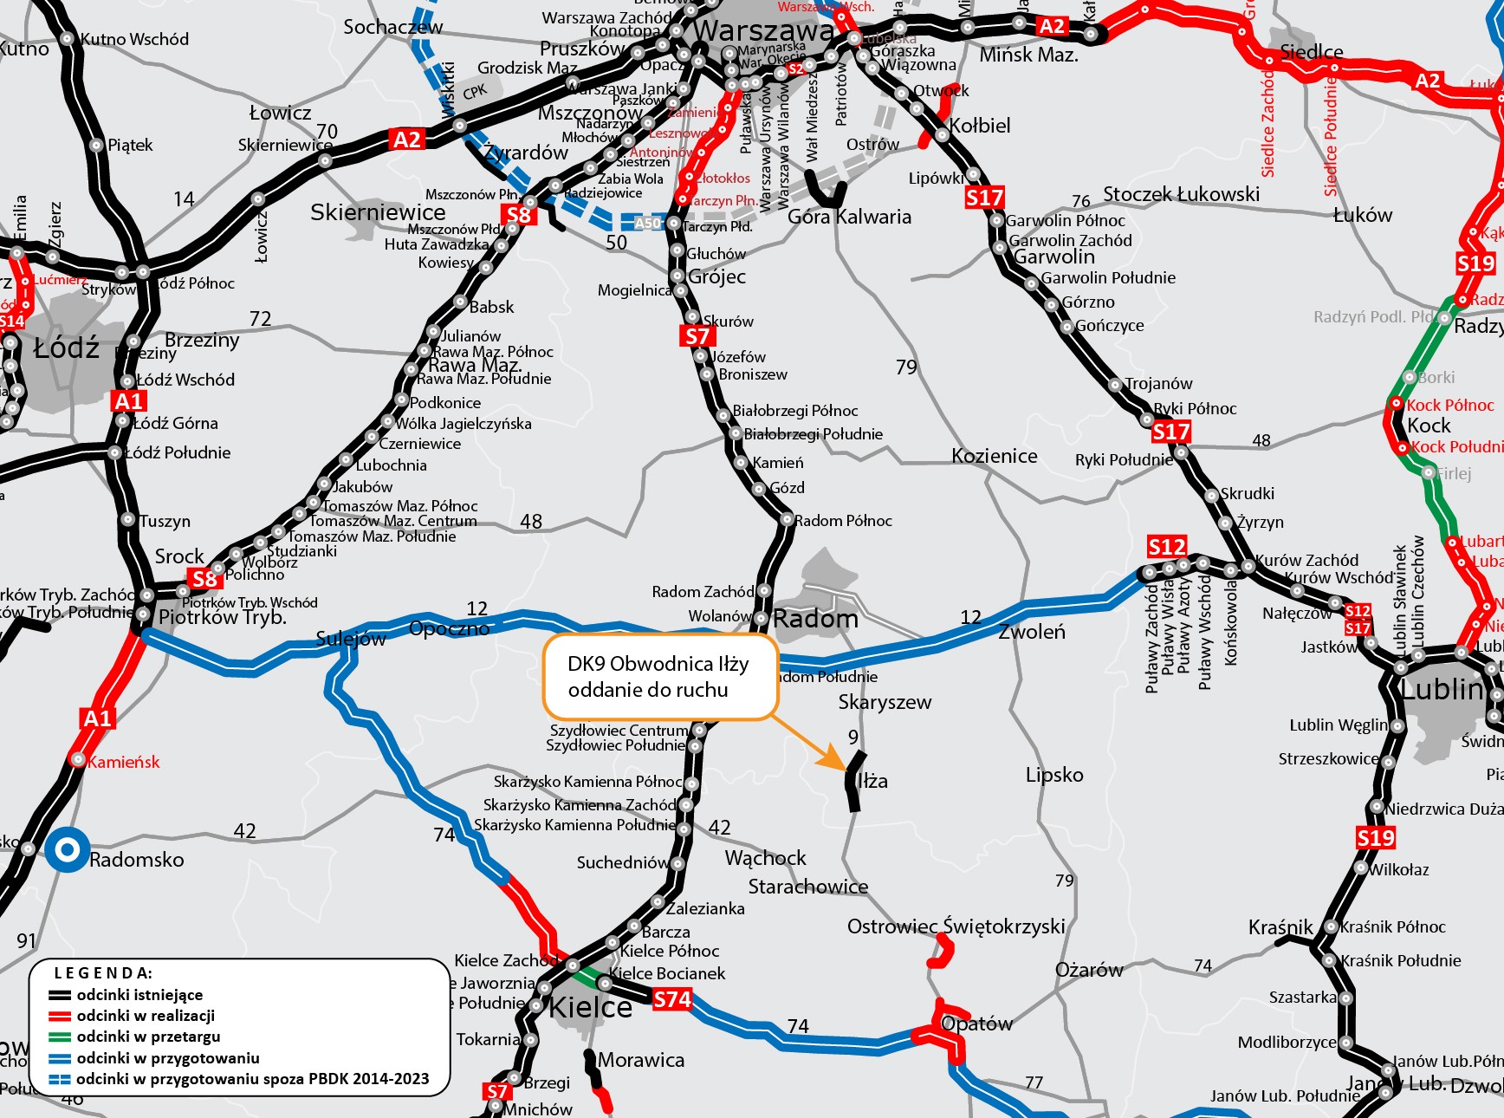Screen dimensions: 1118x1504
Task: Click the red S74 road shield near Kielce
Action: coord(672,999)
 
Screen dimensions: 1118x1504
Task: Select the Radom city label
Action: coord(815,619)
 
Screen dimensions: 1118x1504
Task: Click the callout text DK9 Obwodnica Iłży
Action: coord(658,664)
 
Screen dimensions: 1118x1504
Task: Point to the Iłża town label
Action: coord(872,781)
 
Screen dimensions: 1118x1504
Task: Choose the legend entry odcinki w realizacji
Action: coord(145,1016)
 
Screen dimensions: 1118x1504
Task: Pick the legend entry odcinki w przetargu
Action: coord(148,1037)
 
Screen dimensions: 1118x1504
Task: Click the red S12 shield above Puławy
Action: coord(1166,546)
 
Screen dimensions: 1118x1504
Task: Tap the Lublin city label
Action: coord(1442,689)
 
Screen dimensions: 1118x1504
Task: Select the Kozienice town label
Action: coord(994,456)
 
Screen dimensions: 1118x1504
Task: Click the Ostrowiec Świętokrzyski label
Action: coord(956,926)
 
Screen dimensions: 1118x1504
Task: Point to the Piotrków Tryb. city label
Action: coord(222,617)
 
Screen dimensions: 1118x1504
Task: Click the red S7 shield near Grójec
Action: coord(697,336)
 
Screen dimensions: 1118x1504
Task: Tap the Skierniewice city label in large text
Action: coord(378,212)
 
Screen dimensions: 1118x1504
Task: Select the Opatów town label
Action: coord(976,1024)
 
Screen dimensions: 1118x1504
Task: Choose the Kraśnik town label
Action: coord(1280,927)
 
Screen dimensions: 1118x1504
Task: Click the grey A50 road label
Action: coord(648,223)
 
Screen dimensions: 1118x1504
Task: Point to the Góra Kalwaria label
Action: coord(849,217)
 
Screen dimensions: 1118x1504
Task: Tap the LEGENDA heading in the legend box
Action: coord(103,973)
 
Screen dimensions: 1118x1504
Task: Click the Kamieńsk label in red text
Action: coord(124,762)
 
